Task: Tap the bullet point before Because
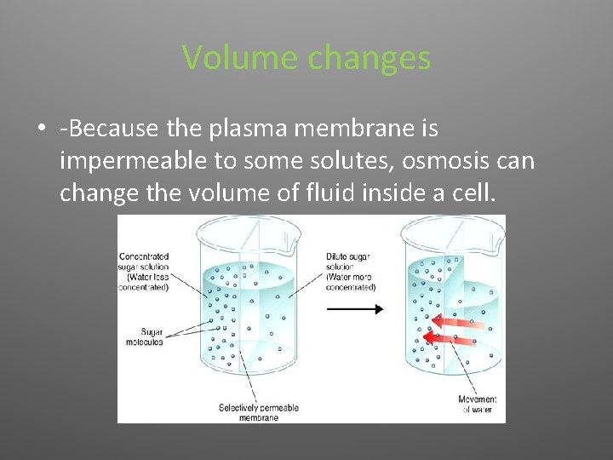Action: (41, 130)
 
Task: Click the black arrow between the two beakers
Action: (355, 309)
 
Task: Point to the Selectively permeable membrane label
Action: (259, 412)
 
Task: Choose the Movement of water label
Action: (478, 405)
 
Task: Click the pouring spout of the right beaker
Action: (499, 224)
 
